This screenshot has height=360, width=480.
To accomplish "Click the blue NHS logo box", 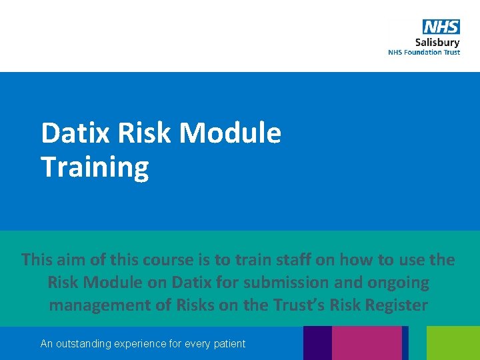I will tap(441, 27).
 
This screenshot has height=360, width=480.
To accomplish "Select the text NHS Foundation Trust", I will tap(424, 53).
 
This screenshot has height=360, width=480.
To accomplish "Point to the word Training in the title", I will tap(95, 167).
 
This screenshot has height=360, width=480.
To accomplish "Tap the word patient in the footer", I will tap(230, 344).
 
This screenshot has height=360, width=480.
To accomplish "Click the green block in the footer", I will tap(453, 343).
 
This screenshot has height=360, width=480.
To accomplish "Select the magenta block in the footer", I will tap(366, 343).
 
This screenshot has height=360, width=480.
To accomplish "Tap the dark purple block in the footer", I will tap(317, 343).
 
